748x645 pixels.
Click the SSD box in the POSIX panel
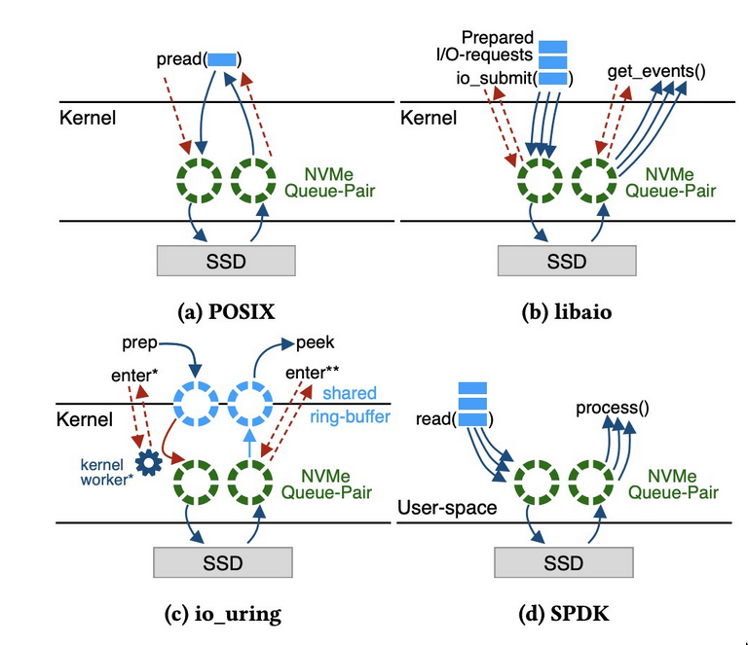click(226, 260)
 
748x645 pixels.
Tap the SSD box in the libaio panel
click(567, 261)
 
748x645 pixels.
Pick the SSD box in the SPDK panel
click(563, 562)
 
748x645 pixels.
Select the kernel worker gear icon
click(148, 463)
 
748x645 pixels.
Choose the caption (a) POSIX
click(226, 311)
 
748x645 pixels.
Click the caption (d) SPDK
click(563, 614)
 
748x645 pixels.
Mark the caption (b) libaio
click(566, 311)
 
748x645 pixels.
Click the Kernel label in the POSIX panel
click(86, 119)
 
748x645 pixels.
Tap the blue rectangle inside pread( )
click(222, 59)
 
